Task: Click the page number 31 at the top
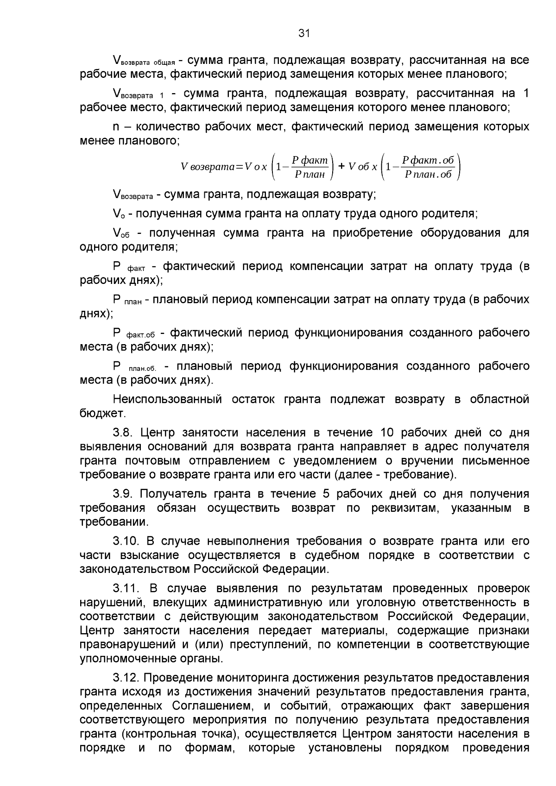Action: click(303, 33)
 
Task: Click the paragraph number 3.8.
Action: click(123, 433)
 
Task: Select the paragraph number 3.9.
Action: click(123, 494)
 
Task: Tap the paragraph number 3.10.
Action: click(126, 541)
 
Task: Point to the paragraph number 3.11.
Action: click(126, 588)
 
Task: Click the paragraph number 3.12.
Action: click(126, 678)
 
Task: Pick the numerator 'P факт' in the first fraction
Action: click(309, 161)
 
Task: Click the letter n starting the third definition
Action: click(116, 127)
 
